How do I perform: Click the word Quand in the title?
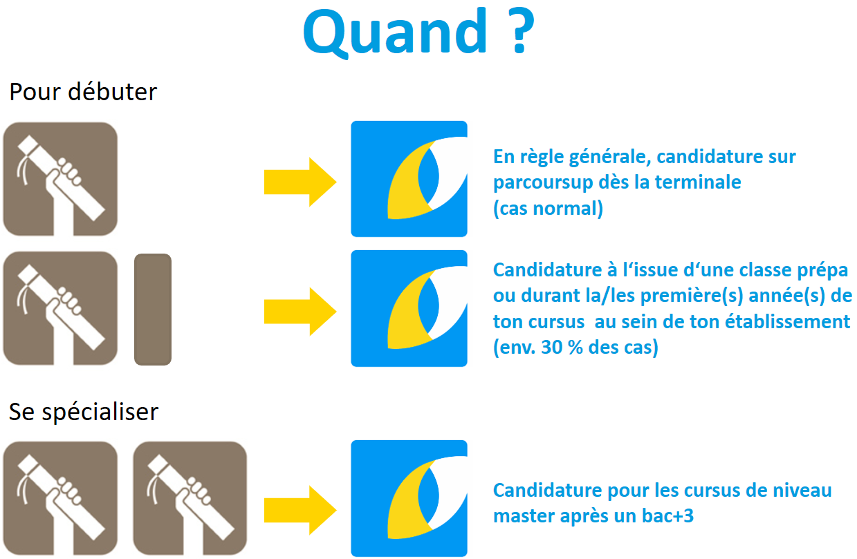[395, 33]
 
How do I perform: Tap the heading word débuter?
[113, 92]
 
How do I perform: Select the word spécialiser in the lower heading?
[100, 413]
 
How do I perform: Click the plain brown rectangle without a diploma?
[153, 309]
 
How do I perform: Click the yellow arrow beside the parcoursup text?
[300, 182]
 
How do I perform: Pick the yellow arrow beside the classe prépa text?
[300, 312]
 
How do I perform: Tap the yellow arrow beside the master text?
[300, 510]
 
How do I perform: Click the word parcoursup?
[543, 182]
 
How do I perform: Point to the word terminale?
[698, 182]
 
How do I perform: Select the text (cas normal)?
[549, 209]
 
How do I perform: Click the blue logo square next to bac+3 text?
[409, 498]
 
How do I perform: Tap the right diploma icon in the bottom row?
[190, 498]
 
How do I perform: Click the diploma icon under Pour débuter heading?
[60, 179]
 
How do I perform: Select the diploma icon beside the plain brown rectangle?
[60, 308]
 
